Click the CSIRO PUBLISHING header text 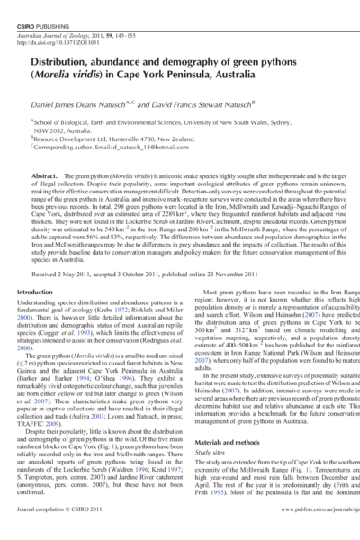pyautogui.click(x=42, y=8)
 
